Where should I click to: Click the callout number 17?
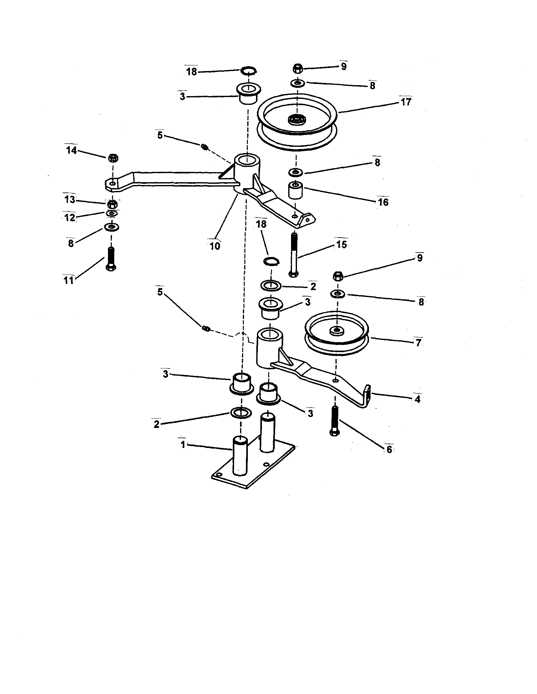click(x=406, y=102)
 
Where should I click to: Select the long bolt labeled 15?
click(x=294, y=254)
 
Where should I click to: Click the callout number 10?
click(x=215, y=246)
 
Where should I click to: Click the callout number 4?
click(x=417, y=399)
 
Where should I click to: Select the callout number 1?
click(x=183, y=445)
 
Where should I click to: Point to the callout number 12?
click(x=70, y=218)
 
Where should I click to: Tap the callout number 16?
click(x=383, y=202)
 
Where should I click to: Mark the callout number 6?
click(x=389, y=449)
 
